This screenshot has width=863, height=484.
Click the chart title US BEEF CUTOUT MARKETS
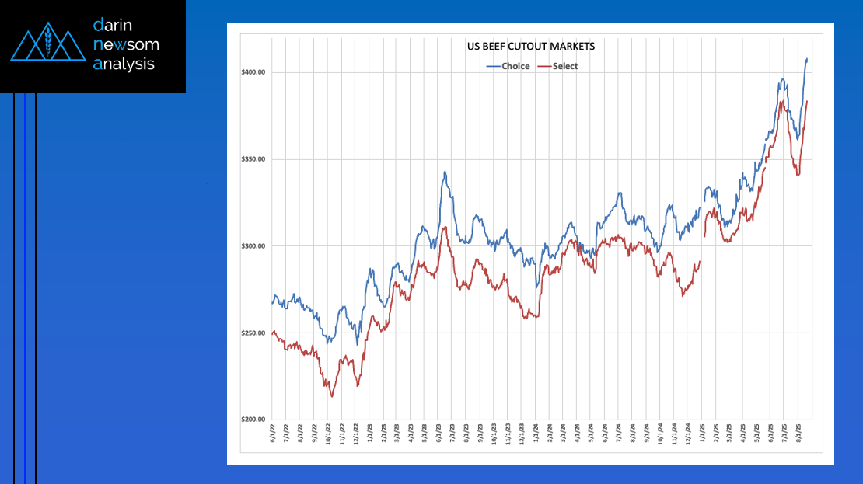click(x=530, y=47)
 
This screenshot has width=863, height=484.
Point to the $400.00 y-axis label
click(x=253, y=72)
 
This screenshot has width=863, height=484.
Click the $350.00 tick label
click(x=253, y=159)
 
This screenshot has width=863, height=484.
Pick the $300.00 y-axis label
click(x=253, y=246)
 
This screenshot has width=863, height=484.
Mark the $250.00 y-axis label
click(x=253, y=333)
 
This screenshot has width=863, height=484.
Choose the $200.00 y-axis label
click(x=253, y=420)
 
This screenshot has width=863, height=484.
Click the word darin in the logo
click(x=114, y=25)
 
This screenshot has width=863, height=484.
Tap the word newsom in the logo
click(x=125, y=44)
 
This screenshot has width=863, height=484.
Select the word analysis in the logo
click(x=124, y=64)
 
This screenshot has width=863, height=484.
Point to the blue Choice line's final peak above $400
click(x=807, y=58)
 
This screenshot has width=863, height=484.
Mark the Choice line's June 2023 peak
click(x=445, y=172)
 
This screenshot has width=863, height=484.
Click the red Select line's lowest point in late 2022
click(x=332, y=396)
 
